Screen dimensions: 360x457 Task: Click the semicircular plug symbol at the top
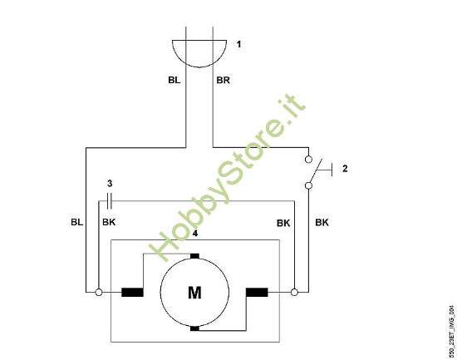(x=199, y=51)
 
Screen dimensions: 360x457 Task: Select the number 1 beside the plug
(x=239, y=44)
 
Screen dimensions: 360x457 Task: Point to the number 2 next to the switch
(x=344, y=169)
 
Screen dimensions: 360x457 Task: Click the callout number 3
(x=108, y=182)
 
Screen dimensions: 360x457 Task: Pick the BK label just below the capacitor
(x=109, y=223)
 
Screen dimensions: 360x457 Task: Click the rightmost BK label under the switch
(x=322, y=223)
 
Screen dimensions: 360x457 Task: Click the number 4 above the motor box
(x=194, y=234)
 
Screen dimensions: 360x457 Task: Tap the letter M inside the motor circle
(x=194, y=292)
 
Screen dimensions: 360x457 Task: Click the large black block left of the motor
(x=132, y=292)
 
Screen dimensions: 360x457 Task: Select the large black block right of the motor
(x=257, y=292)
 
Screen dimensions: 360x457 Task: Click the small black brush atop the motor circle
(x=194, y=255)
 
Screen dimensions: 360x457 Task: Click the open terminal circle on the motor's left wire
(x=99, y=292)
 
